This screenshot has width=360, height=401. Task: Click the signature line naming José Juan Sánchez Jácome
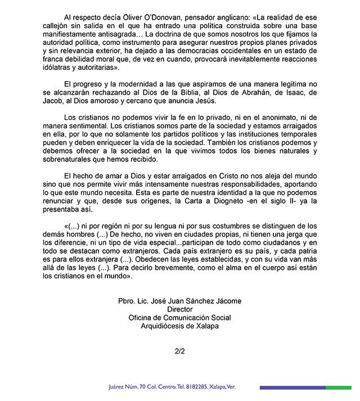click(179, 301)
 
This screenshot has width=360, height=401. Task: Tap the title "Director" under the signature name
click(180, 310)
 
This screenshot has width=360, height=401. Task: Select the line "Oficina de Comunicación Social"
click(180, 318)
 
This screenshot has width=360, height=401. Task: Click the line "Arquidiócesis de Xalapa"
click(180, 327)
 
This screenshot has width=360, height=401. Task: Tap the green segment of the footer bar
click(339, 388)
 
